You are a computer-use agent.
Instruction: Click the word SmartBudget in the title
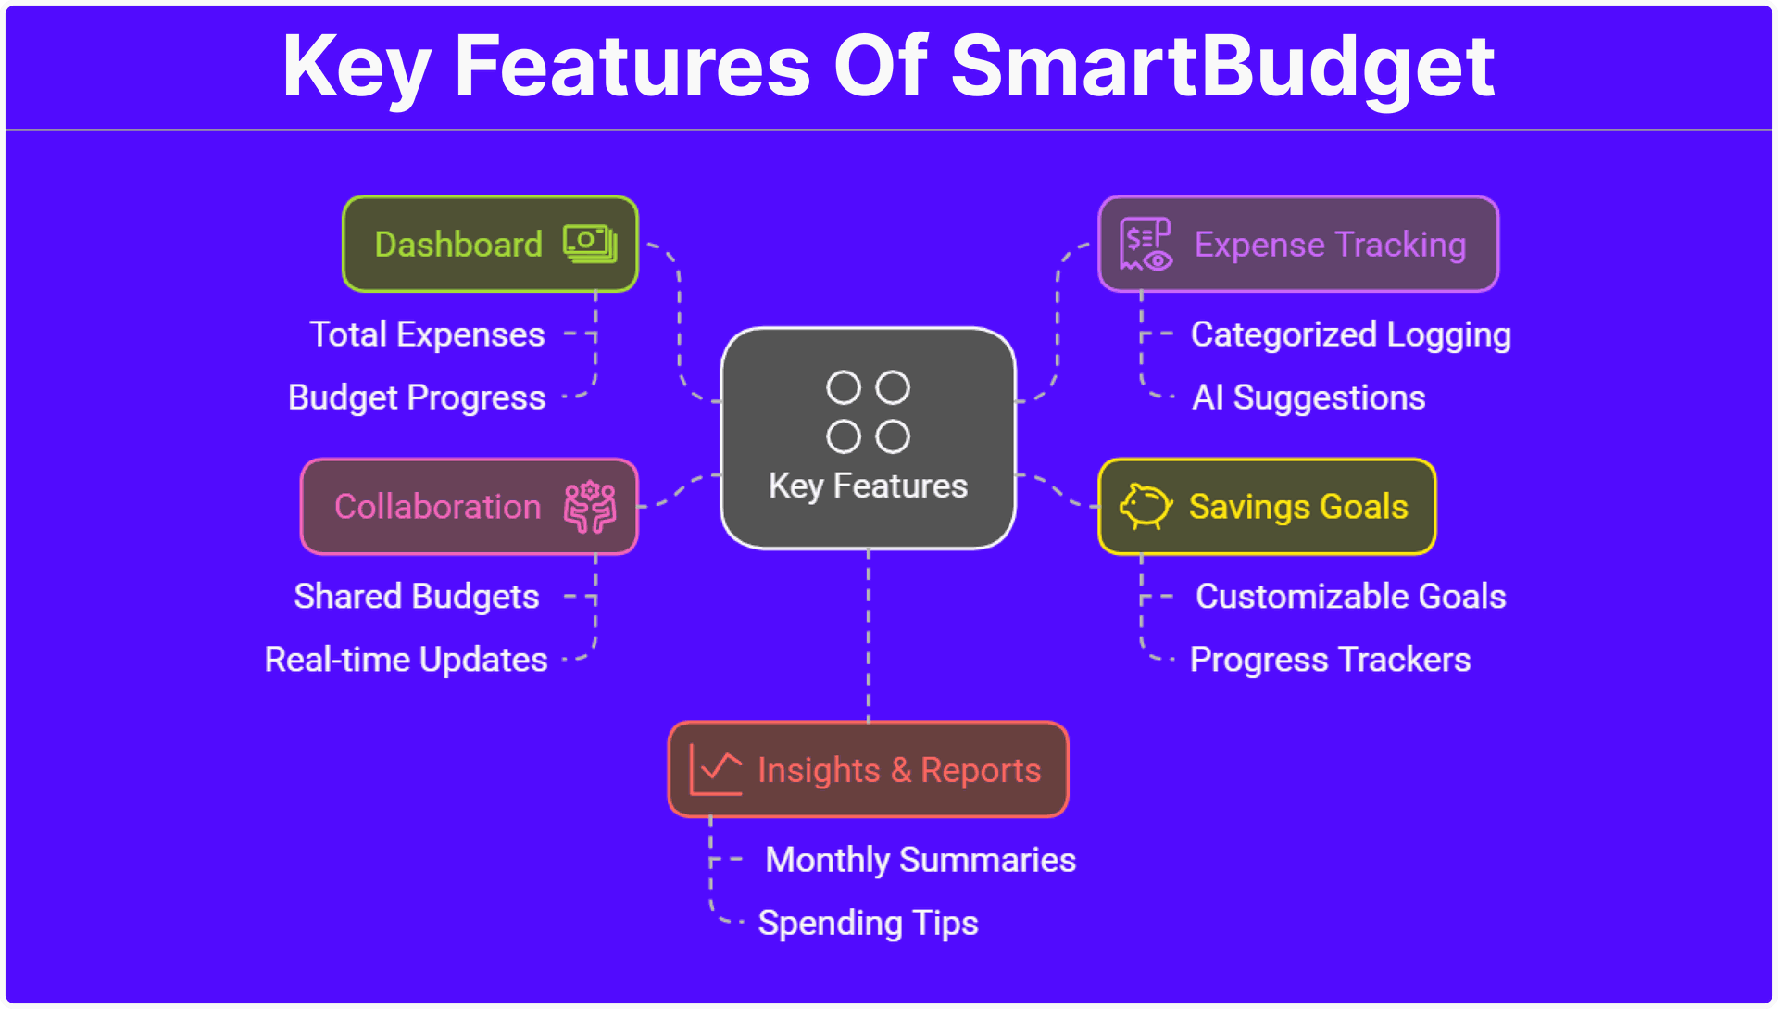1222,67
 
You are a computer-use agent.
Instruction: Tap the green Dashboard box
490,244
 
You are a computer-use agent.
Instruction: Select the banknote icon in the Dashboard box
590,244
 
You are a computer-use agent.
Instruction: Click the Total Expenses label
427,334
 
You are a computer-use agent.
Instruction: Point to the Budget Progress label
417,398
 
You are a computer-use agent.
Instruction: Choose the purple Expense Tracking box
1298,244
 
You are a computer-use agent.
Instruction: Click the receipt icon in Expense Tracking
1146,244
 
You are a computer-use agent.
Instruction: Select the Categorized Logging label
1351,335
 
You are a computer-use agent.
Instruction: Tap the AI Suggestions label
1308,398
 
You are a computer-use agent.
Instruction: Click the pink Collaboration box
470,507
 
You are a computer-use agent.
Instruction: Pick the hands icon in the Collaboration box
590,507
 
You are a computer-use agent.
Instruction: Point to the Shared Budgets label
417,597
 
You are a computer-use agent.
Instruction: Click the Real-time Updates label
407,660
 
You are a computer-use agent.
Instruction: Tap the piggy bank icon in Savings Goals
1146,507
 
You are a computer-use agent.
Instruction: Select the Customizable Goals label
1351,597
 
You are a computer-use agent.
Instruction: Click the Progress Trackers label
1330,660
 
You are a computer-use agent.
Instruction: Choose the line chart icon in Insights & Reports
716,770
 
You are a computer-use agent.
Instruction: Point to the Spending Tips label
868,924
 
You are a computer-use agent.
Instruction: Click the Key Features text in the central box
868,486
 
